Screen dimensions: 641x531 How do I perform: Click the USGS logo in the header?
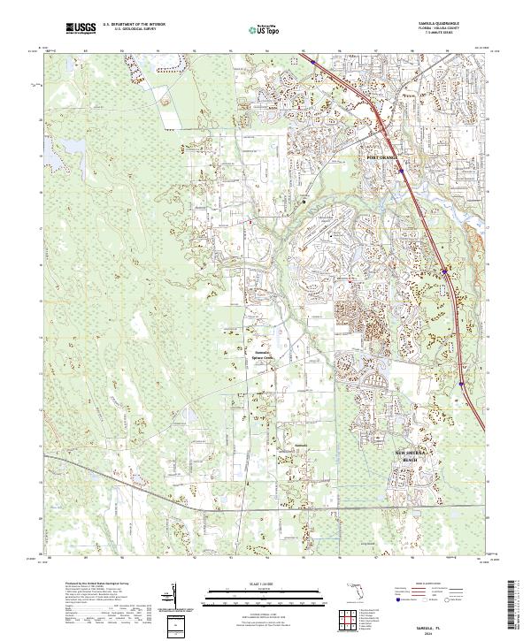tap(81, 29)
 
